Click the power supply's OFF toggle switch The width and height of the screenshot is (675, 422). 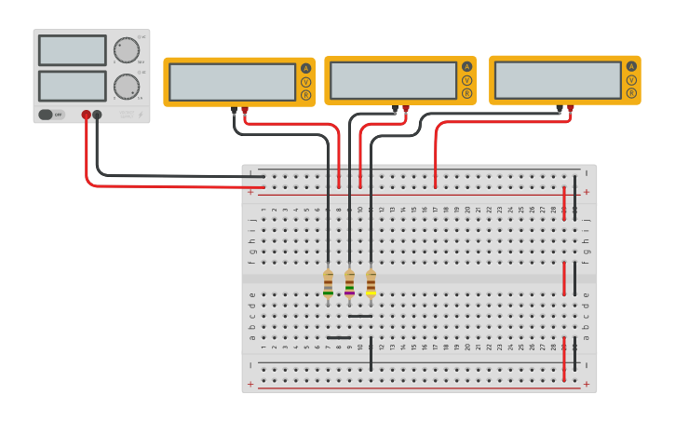pos(51,115)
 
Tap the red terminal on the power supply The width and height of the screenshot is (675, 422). pos(86,115)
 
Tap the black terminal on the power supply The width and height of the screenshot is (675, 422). pos(97,115)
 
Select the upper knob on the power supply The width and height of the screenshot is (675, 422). pos(126,49)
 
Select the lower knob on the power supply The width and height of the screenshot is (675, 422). pos(126,86)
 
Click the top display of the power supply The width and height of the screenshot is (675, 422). pos(73,50)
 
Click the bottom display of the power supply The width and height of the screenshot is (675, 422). pos(73,86)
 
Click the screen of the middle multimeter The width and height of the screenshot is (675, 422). pos(393,80)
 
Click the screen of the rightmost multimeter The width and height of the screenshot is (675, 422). pos(558,80)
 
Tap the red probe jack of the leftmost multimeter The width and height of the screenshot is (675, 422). pos(245,110)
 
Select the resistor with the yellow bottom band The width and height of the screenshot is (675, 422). pos(371,283)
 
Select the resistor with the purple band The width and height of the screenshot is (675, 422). pos(349,283)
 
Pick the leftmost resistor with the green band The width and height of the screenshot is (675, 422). pos(328,283)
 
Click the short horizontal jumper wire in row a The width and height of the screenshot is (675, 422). pos(339,337)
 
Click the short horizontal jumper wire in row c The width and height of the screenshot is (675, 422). pos(360,316)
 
